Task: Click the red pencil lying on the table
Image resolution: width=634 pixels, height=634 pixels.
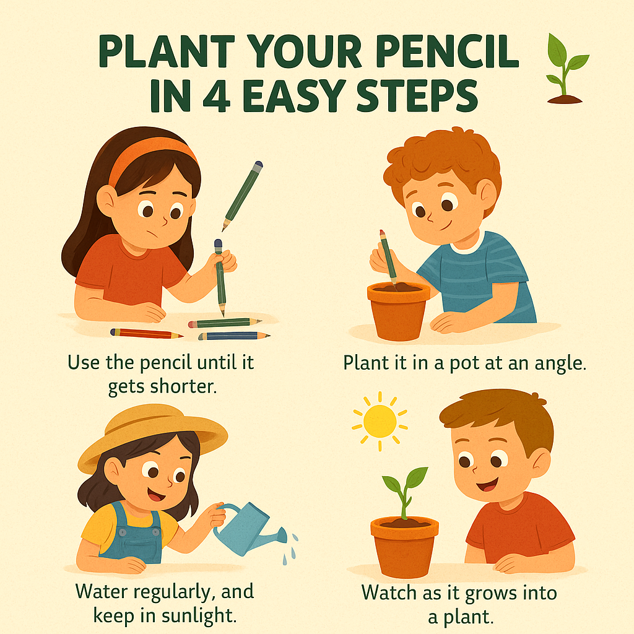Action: (146, 334)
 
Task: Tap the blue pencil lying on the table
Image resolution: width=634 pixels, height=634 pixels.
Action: (234, 336)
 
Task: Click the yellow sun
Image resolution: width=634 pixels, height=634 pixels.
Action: (380, 420)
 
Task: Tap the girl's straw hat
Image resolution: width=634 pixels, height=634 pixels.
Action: (151, 433)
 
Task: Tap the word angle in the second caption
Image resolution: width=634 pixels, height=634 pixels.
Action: (561, 363)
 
